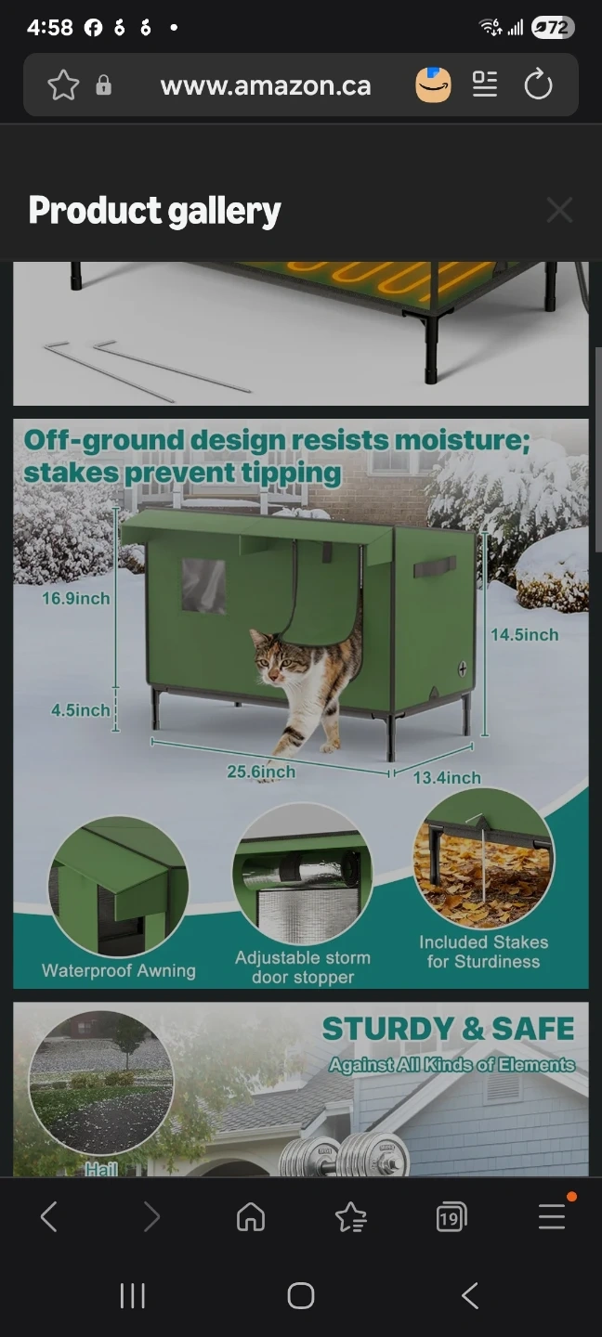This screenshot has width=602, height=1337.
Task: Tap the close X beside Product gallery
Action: click(x=559, y=210)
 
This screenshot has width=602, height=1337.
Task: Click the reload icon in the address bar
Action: click(x=538, y=84)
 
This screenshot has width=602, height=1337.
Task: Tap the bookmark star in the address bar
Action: click(x=63, y=84)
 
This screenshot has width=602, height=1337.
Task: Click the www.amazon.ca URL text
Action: click(x=266, y=86)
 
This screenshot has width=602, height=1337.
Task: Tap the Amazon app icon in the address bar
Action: click(x=434, y=84)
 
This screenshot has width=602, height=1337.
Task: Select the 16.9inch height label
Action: click(x=76, y=598)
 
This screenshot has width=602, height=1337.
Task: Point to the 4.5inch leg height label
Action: click(x=81, y=710)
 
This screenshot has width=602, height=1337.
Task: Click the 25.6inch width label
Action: click(x=261, y=772)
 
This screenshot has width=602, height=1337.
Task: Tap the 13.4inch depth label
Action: click(x=447, y=778)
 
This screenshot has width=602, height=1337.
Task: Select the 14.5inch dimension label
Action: click(x=524, y=634)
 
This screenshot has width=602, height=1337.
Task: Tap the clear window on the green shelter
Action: click(x=203, y=586)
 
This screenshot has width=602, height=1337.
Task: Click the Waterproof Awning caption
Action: click(x=119, y=970)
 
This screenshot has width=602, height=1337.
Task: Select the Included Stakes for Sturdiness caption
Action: click(x=484, y=952)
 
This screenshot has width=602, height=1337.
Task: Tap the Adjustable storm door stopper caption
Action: click(x=303, y=967)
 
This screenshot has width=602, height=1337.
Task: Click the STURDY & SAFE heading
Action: click(x=449, y=1029)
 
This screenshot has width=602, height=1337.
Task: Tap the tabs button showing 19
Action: click(x=451, y=1216)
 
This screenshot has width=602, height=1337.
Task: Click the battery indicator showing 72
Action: click(x=553, y=28)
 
